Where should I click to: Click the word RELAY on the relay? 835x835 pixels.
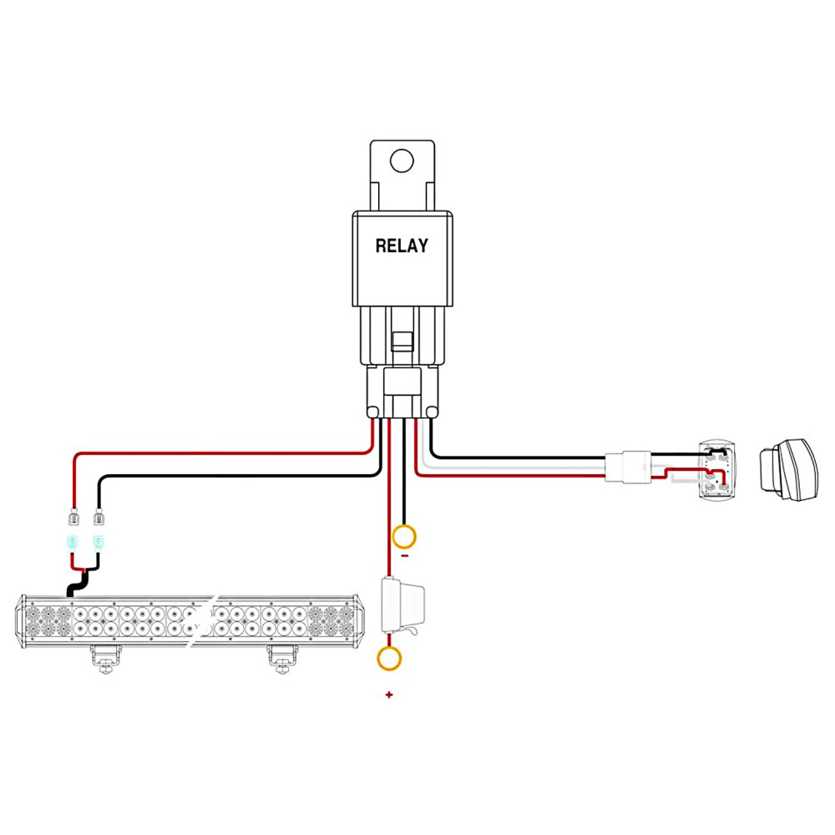point(402,246)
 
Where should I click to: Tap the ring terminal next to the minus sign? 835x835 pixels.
point(405,535)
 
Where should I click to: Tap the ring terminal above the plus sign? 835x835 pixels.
point(388,658)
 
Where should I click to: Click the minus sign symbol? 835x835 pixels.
point(405,554)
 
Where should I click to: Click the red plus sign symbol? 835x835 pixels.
point(388,695)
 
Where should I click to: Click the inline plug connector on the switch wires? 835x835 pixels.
point(626,467)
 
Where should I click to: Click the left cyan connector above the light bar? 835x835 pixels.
point(73,544)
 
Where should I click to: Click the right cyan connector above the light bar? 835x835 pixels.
point(99,544)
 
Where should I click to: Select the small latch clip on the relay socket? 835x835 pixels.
point(401,341)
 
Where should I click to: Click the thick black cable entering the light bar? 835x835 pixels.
point(76,584)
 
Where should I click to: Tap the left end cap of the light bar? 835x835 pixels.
point(19,620)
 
